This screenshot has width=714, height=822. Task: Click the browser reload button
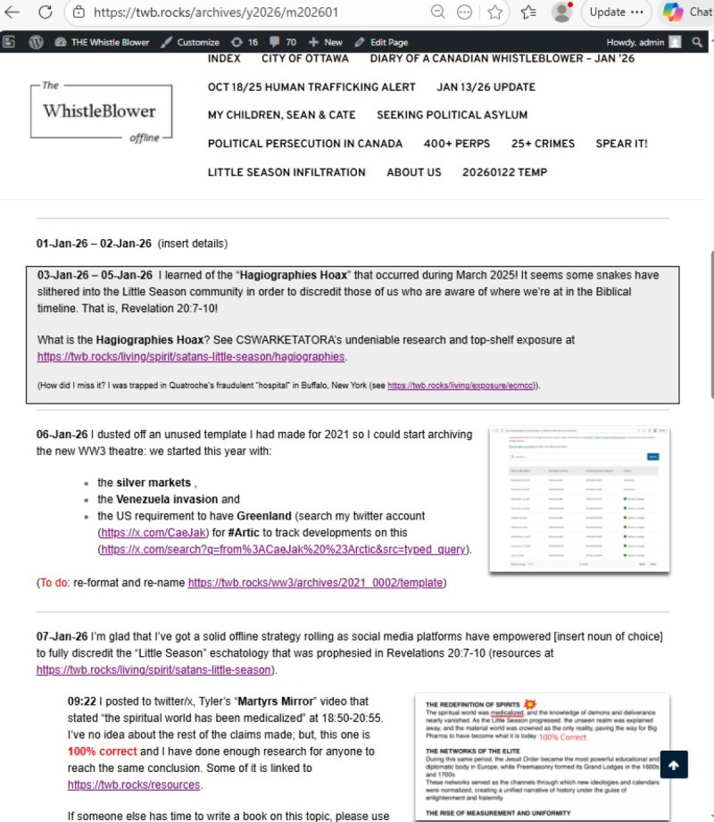click(x=45, y=12)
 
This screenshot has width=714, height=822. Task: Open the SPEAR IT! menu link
click(x=621, y=143)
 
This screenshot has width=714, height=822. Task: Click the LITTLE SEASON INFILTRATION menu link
click(x=286, y=171)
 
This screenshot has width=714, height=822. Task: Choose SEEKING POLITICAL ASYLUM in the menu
click(x=452, y=114)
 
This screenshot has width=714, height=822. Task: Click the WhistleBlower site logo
click(x=99, y=112)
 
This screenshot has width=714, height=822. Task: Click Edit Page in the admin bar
click(x=381, y=42)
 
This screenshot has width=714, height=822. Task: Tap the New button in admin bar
click(x=326, y=42)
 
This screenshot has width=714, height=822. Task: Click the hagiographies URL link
click(x=191, y=356)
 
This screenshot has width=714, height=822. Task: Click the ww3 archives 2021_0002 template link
click(x=314, y=583)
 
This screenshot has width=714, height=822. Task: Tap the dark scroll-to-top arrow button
click(x=673, y=765)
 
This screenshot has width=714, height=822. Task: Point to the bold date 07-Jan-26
click(x=62, y=636)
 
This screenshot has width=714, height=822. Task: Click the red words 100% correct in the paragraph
click(x=101, y=751)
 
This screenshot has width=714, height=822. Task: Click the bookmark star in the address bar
click(x=495, y=12)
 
